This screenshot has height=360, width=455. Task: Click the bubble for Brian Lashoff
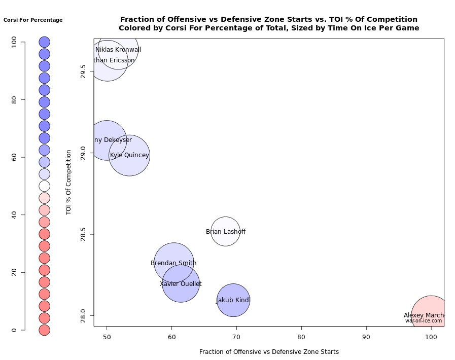(225, 231)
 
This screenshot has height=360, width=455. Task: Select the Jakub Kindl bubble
(233, 300)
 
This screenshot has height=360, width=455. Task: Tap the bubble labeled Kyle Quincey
(129, 155)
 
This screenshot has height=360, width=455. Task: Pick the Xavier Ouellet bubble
(181, 284)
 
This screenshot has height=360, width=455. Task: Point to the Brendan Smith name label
(173, 263)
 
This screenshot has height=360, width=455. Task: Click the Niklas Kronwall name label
(118, 50)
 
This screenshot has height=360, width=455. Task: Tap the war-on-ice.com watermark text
(424, 321)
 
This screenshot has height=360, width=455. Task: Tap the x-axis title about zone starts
(269, 351)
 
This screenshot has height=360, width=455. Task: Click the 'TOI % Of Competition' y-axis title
(68, 183)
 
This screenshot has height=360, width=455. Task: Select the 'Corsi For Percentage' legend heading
(33, 20)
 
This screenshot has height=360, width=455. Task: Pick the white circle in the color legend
(44, 186)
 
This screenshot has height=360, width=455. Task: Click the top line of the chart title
(269, 19)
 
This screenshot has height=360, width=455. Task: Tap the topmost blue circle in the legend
(44, 42)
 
